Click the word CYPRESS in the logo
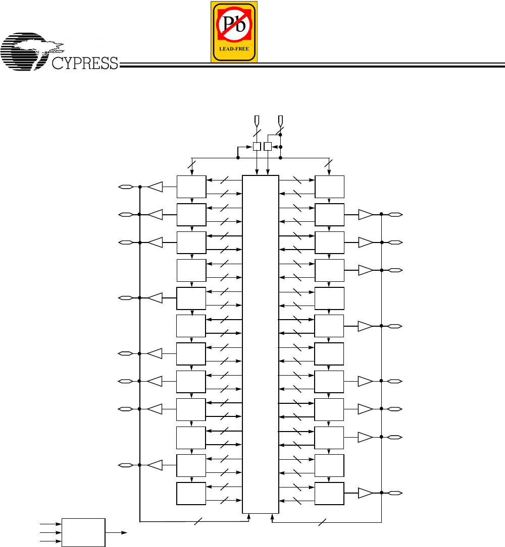click(x=85, y=63)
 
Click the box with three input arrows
click(x=83, y=532)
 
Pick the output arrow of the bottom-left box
click(x=117, y=532)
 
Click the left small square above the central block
click(x=257, y=146)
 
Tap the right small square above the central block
click(x=268, y=146)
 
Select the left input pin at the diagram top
click(x=257, y=120)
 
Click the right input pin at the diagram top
click(x=281, y=120)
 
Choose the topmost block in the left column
click(x=191, y=187)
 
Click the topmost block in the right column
click(x=329, y=187)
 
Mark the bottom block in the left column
click(x=191, y=493)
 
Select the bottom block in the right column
click(x=329, y=493)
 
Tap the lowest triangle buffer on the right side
click(x=365, y=493)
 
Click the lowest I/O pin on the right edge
click(x=395, y=493)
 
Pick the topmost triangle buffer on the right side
click(x=365, y=215)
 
